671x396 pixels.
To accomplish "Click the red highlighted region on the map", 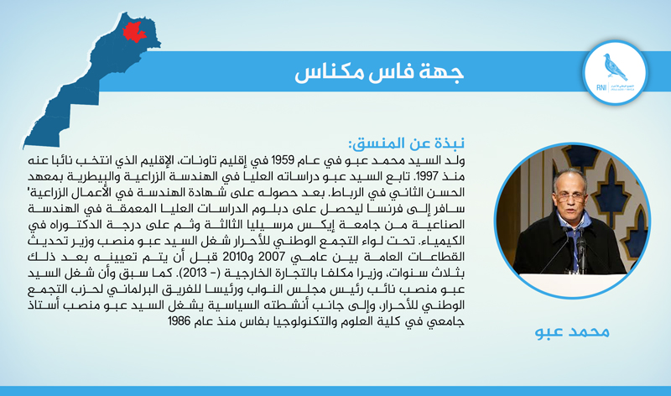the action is (x=135, y=32).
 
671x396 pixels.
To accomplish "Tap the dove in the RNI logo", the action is (x=616, y=66).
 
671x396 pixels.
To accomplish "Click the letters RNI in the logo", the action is (x=601, y=88).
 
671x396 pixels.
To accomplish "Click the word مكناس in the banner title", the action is (x=329, y=73).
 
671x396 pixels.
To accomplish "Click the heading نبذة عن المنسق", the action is (x=407, y=143).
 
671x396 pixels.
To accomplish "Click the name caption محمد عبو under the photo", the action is (x=572, y=331).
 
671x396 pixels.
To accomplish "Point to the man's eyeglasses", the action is (x=570, y=197).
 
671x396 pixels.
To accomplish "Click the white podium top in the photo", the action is (x=572, y=283).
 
